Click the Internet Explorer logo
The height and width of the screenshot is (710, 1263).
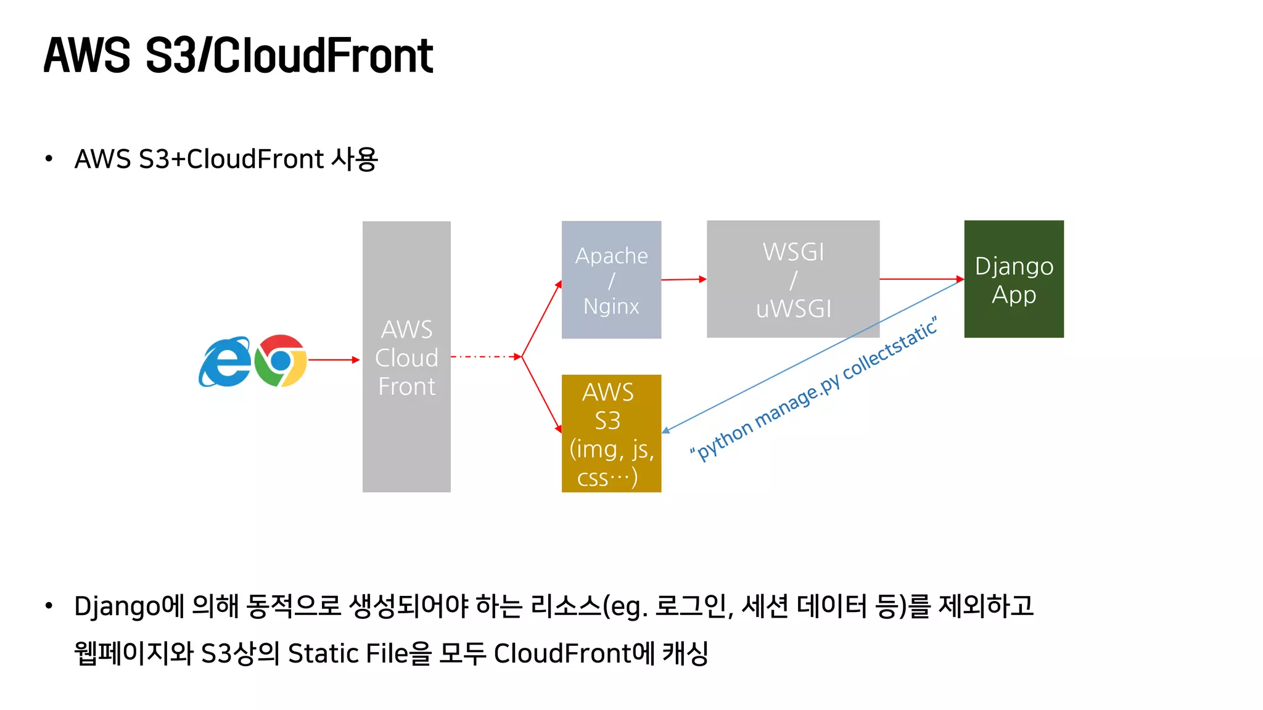click(x=224, y=362)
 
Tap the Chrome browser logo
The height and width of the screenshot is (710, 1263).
click(x=281, y=361)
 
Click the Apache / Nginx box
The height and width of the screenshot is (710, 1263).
click(x=611, y=280)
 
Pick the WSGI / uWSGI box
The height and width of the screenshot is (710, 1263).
click(x=793, y=279)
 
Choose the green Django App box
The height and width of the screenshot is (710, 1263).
click(x=1014, y=279)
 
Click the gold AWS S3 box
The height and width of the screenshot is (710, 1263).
click(x=611, y=433)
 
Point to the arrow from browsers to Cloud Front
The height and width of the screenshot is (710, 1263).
click(x=333, y=359)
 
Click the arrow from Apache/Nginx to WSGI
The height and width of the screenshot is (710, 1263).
click(x=683, y=279)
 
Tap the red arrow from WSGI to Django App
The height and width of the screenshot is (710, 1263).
click(x=921, y=279)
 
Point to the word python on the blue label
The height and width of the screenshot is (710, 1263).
click(x=725, y=440)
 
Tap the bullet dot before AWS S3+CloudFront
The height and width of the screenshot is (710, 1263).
click(x=49, y=159)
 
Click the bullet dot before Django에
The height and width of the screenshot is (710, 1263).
click(x=49, y=606)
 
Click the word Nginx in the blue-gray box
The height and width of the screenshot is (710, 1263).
click(x=611, y=306)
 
